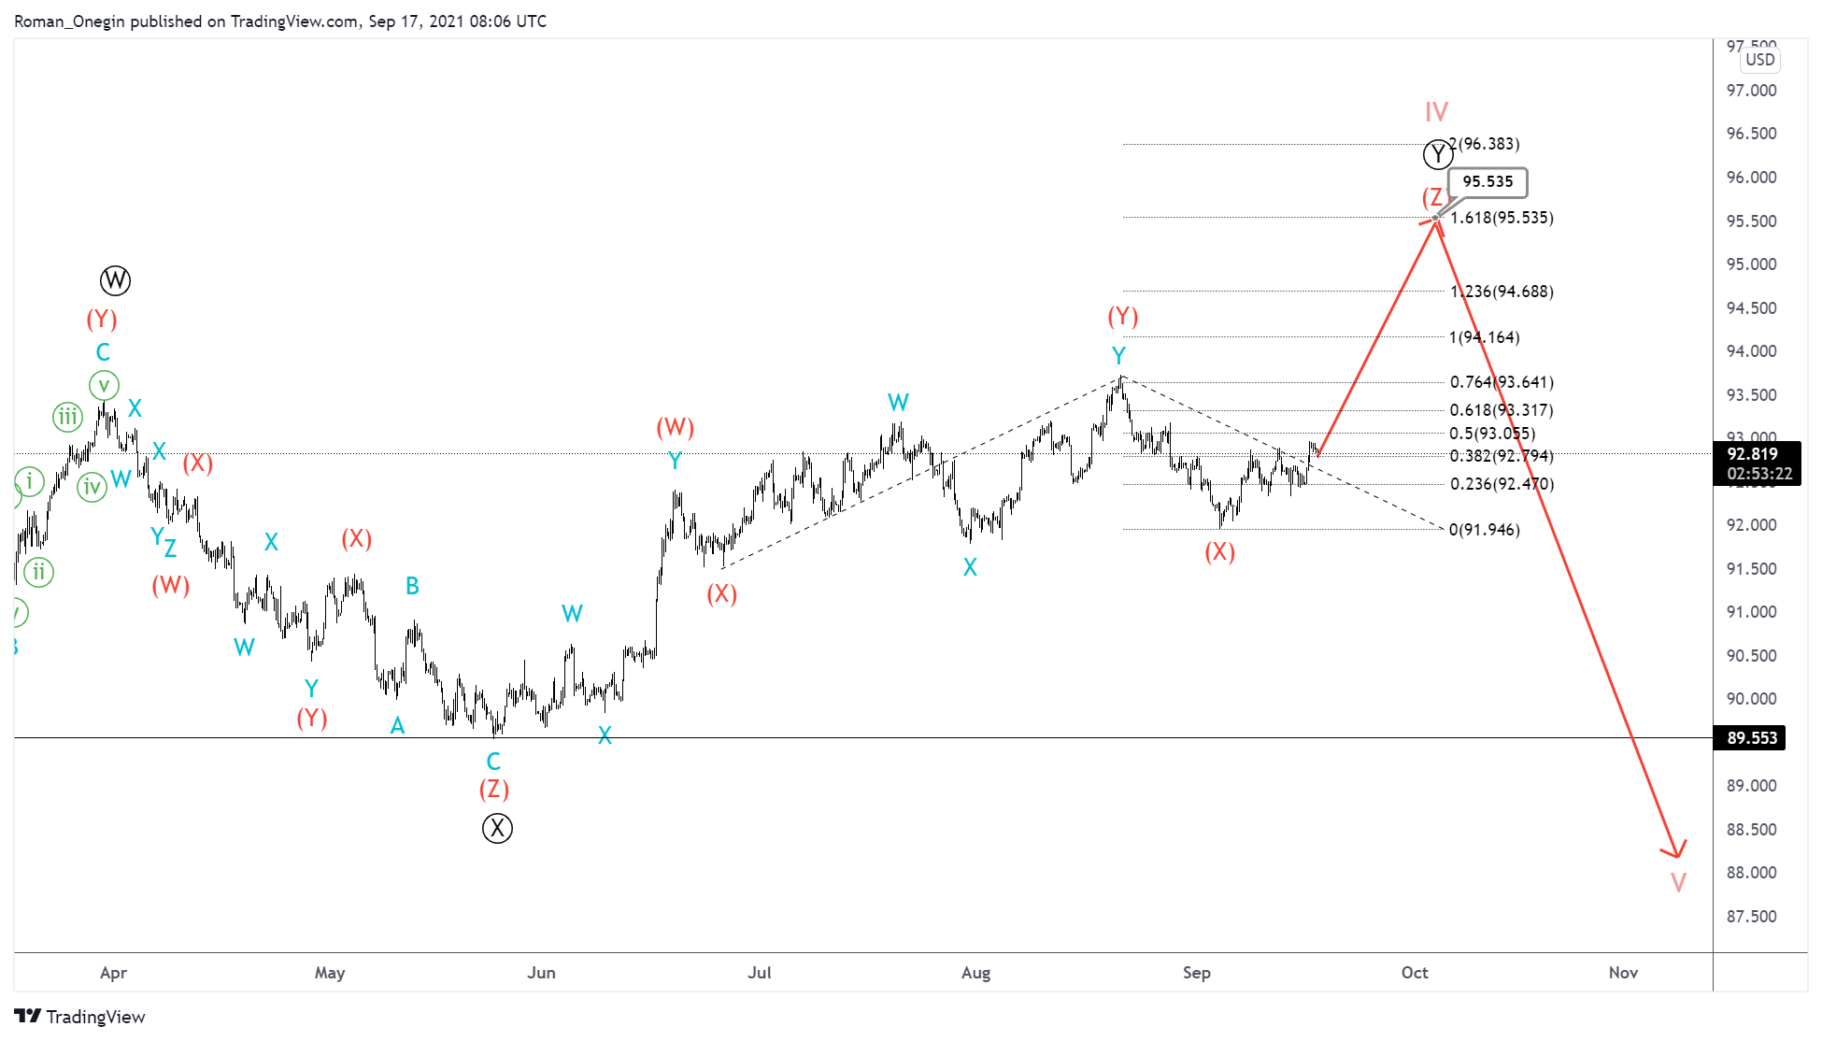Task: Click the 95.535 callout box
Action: click(x=1487, y=182)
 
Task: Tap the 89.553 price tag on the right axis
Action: click(x=1751, y=738)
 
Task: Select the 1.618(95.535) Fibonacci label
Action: click(x=1502, y=218)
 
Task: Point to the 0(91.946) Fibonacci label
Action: click(x=1484, y=530)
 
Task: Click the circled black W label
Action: click(x=115, y=280)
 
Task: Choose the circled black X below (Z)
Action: click(x=497, y=828)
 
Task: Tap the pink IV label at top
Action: click(x=1436, y=112)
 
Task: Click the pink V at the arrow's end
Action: click(x=1678, y=882)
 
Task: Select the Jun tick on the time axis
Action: click(x=541, y=973)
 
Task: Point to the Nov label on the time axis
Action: click(x=1623, y=973)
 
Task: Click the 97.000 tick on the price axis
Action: click(x=1751, y=91)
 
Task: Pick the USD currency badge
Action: click(x=1759, y=60)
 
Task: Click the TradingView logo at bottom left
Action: click(x=80, y=1017)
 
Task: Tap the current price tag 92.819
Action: click(x=1753, y=454)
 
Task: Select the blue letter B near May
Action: click(x=412, y=586)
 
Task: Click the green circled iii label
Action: click(x=67, y=417)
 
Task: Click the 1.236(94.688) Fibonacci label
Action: click(x=1502, y=292)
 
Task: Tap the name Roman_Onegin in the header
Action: click(x=69, y=21)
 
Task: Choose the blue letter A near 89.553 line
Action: click(x=397, y=726)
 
